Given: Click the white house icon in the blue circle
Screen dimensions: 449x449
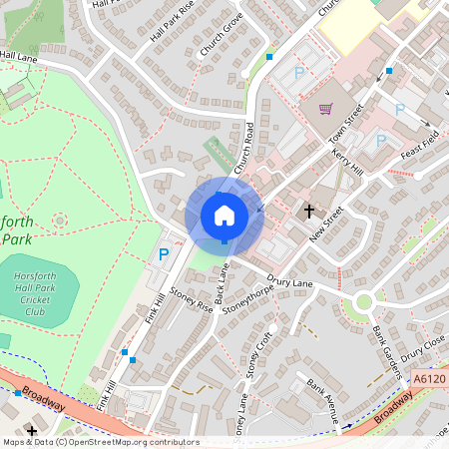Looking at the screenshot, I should (x=224, y=215).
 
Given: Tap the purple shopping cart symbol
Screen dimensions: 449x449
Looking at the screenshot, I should (x=325, y=109).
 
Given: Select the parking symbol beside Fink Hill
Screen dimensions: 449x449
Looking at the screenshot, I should (x=164, y=255).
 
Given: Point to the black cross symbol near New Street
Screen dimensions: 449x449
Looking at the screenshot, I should (x=309, y=211).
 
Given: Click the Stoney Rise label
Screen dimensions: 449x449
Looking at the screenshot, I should (x=192, y=299).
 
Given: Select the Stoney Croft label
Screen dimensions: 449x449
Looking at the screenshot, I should (x=262, y=350).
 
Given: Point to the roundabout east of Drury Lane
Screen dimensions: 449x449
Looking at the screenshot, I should (x=362, y=301).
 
